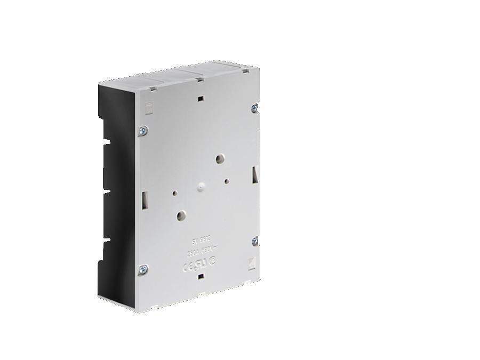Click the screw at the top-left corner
(143, 129)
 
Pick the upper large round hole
(219, 158)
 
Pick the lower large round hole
(181, 215)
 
